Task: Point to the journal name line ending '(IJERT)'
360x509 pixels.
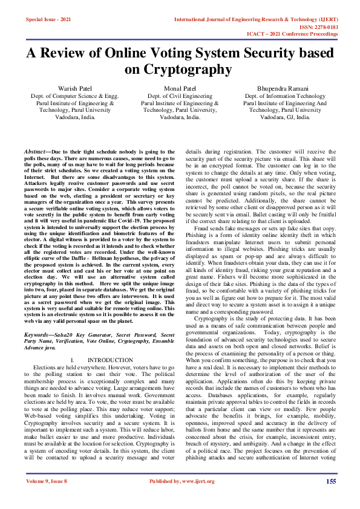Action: pyautogui.click(x=255, y=19)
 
